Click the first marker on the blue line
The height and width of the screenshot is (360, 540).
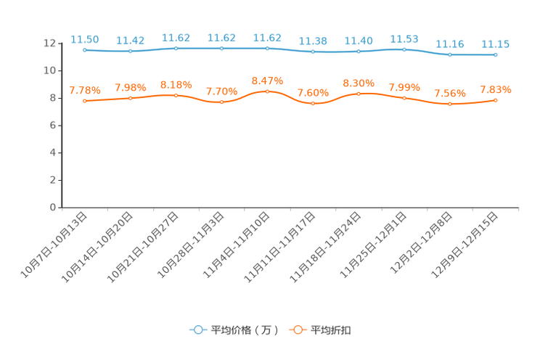coord(85,50)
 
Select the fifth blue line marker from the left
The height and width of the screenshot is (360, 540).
coord(268,48)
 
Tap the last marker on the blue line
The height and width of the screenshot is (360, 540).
coord(495,55)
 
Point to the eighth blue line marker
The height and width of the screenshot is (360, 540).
coord(404,49)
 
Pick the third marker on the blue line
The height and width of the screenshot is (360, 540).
coord(176,48)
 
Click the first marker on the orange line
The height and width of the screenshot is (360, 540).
coord(85,102)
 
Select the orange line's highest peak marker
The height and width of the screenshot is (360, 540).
coord(268,91)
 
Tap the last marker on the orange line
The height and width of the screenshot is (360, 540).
coord(495,101)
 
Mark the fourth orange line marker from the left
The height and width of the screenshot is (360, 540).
coord(222,102)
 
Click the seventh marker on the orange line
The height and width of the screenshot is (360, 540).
coord(359,94)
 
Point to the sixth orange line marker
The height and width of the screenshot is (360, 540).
coord(313,104)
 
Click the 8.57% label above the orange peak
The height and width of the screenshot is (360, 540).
coord(267,80)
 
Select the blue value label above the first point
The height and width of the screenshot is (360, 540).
coord(85,38)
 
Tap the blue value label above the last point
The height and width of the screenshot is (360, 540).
coord(495,44)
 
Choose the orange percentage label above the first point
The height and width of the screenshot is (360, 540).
coord(85,90)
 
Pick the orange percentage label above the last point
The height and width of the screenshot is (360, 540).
coord(495,89)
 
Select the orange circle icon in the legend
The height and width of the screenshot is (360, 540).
coord(297,330)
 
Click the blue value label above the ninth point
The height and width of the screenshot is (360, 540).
coord(450,44)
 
